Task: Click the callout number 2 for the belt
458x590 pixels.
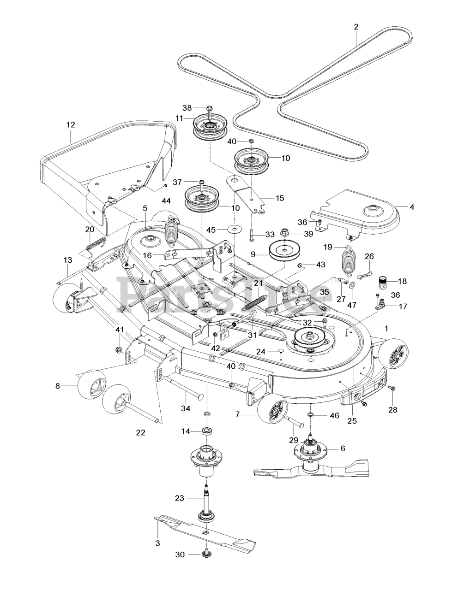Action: coord(356,27)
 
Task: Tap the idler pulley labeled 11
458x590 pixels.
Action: coord(210,127)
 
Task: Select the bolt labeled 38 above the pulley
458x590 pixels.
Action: coord(210,108)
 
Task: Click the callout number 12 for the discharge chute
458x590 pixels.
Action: coord(71,125)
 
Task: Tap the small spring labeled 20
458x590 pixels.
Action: coord(96,247)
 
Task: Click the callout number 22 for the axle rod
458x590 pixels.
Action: coord(141,432)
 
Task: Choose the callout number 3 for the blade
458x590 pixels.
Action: coord(158,549)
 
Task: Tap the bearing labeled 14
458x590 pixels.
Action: coord(206,431)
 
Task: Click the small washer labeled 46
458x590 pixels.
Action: coord(310,415)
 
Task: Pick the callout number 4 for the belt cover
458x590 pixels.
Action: coord(412,207)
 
